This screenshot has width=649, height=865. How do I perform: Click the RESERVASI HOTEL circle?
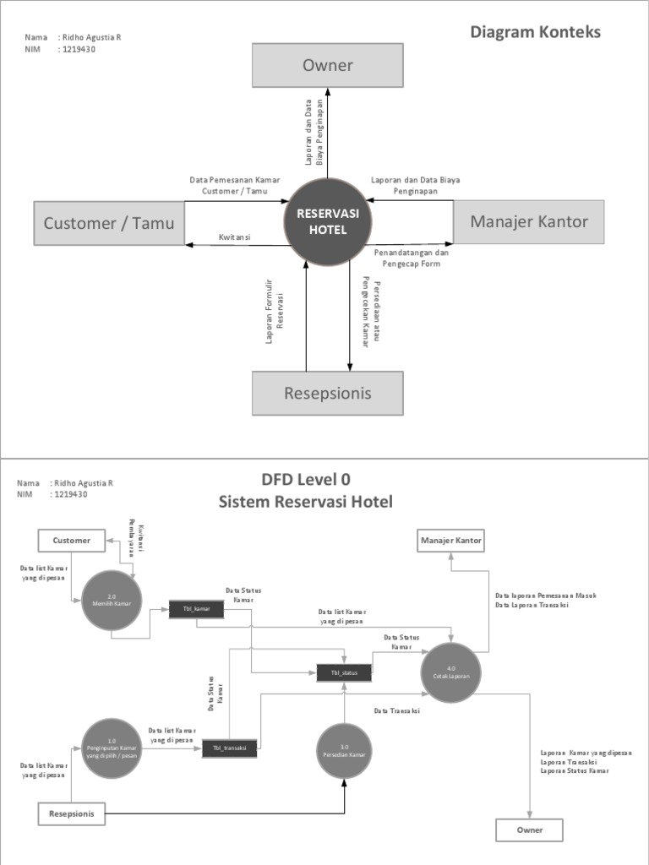pyautogui.click(x=328, y=222)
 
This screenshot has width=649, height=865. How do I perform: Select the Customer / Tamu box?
pyautogui.click(x=109, y=223)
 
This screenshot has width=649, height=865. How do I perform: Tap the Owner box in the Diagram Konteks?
pyautogui.click(x=327, y=66)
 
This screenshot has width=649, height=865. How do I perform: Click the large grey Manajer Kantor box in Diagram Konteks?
pyautogui.click(x=528, y=222)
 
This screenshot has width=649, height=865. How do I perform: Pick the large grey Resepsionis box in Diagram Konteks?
pyautogui.click(x=327, y=393)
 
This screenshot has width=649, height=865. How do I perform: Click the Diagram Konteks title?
pyautogui.click(x=535, y=32)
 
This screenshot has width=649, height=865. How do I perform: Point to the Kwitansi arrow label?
pyautogui.click(x=234, y=237)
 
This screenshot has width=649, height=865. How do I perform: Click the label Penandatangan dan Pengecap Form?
pyautogui.click(x=412, y=258)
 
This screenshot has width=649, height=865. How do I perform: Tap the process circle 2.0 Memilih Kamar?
pyautogui.click(x=112, y=599)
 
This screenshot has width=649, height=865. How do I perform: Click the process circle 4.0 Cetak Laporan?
pyautogui.click(x=452, y=672)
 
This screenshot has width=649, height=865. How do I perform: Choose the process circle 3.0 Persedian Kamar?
pyautogui.click(x=345, y=749)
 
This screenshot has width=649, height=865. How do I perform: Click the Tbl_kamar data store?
pyautogui.click(x=196, y=608)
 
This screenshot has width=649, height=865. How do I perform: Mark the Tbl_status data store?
pyautogui.click(x=344, y=673)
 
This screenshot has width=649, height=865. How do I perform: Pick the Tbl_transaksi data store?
pyautogui.click(x=228, y=748)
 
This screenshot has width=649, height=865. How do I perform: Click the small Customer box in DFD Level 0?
pyautogui.click(x=71, y=540)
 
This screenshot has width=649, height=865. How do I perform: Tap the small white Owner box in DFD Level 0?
pyautogui.click(x=530, y=830)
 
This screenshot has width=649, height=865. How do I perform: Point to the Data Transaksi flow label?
pyautogui.click(x=397, y=711)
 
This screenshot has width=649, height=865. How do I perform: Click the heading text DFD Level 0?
pyautogui.click(x=305, y=480)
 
